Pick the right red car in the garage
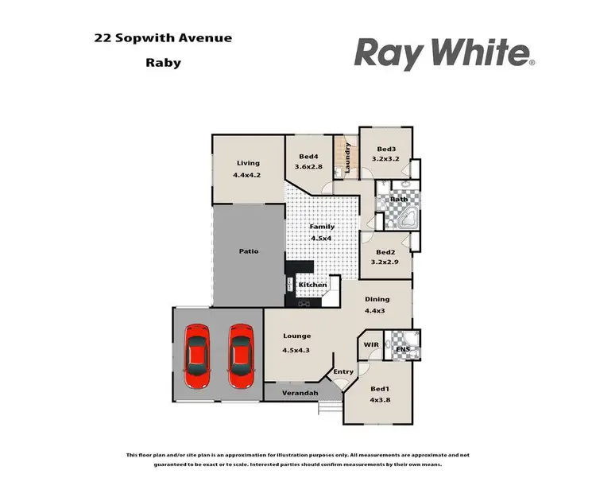[241, 355]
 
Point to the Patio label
[249, 251]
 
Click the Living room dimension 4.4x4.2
[247, 174]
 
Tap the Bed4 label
[309, 157]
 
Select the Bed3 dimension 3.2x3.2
[386, 158]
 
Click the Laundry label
[348, 157]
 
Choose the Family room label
[322, 227]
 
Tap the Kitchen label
[312, 285]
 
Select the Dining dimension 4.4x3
[376, 310]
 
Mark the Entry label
[343, 371]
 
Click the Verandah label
[302, 394]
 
